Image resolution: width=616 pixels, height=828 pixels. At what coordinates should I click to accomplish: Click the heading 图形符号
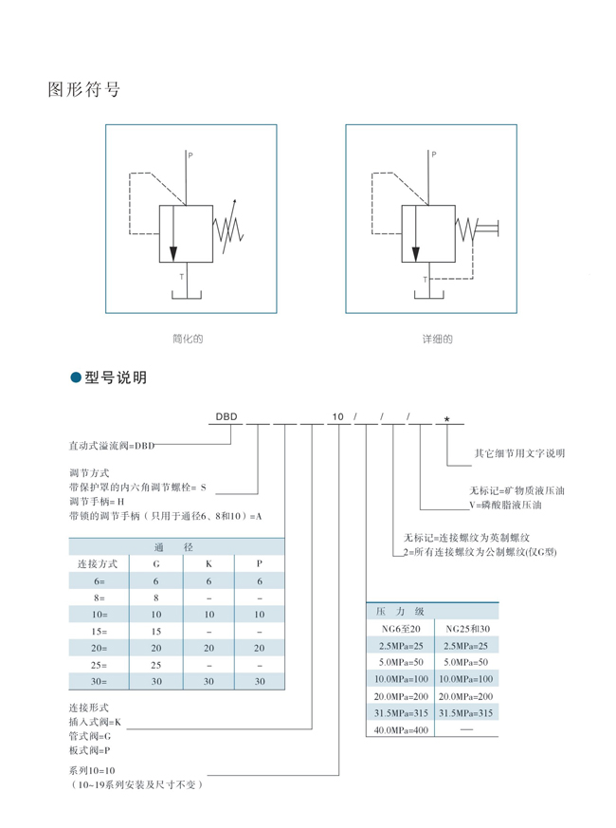pyautogui.click(x=84, y=89)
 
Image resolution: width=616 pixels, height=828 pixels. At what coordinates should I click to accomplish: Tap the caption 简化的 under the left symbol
pyautogui.click(x=188, y=339)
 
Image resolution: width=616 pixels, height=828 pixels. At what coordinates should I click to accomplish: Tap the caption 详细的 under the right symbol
pyautogui.click(x=437, y=339)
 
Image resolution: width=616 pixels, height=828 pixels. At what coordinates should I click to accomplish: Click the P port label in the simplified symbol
pyautogui.click(x=190, y=156)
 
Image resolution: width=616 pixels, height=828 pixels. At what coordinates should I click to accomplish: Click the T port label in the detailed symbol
pyautogui.click(x=425, y=280)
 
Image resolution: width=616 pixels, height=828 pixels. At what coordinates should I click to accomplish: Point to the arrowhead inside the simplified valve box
pyautogui.click(x=173, y=253)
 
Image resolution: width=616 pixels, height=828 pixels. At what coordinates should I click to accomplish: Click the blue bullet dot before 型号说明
pyautogui.click(x=76, y=377)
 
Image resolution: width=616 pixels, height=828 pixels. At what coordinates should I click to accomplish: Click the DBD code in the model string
pyautogui.click(x=226, y=416)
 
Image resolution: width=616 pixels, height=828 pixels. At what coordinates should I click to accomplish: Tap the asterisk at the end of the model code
pyautogui.click(x=447, y=419)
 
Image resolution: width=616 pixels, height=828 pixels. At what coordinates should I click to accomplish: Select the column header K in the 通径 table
pyautogui.click(x=208, y=564)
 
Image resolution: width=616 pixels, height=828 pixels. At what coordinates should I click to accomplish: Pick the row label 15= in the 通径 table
pyautogui.click(x=99, y=632)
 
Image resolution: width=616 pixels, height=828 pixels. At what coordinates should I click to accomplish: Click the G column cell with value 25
pyautogui.click(x=155, y=665)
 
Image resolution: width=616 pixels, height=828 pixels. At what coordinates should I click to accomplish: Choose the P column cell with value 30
pyautogui.click(x=260, y=682)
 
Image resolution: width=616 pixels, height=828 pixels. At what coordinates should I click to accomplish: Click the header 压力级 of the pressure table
pyautogui.click(x=400, y=612)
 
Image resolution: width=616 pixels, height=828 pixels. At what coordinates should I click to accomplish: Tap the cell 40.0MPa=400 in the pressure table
pyautogui.click(x=401, y=730)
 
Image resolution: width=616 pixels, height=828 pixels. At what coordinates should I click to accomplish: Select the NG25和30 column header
pyautogui.click(x=467, y=629)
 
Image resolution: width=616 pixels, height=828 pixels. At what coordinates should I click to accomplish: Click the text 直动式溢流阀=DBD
pyautogui.click(x=112, y=446)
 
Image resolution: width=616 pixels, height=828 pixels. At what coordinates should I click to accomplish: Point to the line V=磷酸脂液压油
pyautogui.click(x=506, y=505)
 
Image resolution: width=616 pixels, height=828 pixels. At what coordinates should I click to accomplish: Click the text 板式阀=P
pyautogui.click(x=89, y=750)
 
